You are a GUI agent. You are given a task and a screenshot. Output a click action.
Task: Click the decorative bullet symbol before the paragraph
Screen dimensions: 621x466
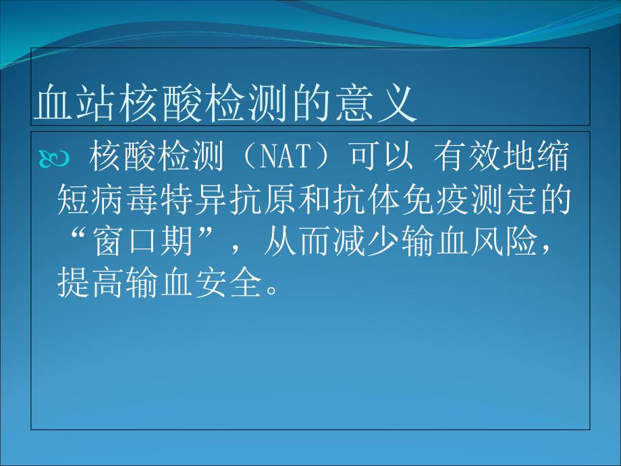coord(54,159)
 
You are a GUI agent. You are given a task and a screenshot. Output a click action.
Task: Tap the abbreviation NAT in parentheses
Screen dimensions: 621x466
coord(283,156)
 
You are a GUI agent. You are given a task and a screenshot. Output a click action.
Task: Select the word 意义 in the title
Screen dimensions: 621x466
coord(376,102)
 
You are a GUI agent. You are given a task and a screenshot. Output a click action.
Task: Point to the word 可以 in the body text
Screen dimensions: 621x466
coord(381,156)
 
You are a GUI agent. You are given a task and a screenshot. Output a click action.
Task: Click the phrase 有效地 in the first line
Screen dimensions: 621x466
coord(484,156)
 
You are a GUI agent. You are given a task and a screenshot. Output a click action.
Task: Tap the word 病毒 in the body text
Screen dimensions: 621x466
coord(126,200)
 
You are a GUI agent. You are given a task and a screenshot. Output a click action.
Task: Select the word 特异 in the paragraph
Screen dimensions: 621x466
coord(195,200)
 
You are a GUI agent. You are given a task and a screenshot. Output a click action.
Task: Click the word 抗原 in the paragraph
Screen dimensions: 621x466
coord(263,200)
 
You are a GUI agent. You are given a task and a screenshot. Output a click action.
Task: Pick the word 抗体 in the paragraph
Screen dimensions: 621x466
coord(367,200)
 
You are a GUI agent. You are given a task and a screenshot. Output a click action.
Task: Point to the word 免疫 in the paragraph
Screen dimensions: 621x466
coord(435,200)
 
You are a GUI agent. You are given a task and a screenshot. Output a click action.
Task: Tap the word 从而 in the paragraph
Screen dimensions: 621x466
coord(298,242)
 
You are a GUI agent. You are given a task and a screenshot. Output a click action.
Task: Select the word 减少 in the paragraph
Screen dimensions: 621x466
coord(367,242)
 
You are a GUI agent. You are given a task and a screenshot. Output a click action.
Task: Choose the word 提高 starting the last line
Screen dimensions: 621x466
coord(92,284)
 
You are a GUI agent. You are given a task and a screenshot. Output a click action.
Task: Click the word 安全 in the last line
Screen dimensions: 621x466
coord(229,284)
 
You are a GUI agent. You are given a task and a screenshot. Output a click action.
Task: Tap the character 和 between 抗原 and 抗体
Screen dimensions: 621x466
coord(315,200)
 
